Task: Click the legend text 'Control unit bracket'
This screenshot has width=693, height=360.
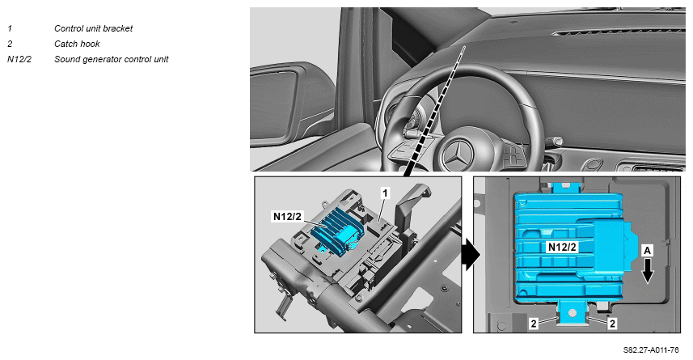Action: click(x=93, y=28)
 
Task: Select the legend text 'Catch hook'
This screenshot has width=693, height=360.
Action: click(x=77, y=44)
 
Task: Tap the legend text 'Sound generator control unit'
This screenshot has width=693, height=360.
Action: click(x=112, y=59)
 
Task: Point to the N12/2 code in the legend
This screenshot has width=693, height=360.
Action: click(x=19, y=59)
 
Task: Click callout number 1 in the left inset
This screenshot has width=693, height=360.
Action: click(x=385, y=193)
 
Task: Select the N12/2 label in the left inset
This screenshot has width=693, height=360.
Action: click(x=287, y=216)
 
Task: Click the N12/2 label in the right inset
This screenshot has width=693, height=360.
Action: click(x=562, y=248)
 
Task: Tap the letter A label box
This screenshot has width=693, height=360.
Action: click(x=647, y=251)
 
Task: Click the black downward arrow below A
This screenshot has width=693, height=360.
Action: click(x=648, y=271)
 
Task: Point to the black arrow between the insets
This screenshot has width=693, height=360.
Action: click(x=471, y=255)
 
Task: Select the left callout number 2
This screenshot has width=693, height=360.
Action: click(x=534, y=324)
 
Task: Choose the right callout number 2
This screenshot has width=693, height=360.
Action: click(x=612, y=324)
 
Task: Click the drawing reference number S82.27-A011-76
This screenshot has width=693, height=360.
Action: click(x=651, y=350)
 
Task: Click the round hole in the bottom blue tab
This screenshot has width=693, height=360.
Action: click(x=573, y=313)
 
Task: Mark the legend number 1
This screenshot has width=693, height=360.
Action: click(x=10, y=28)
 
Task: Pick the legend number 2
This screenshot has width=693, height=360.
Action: click(x=10, y=44)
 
